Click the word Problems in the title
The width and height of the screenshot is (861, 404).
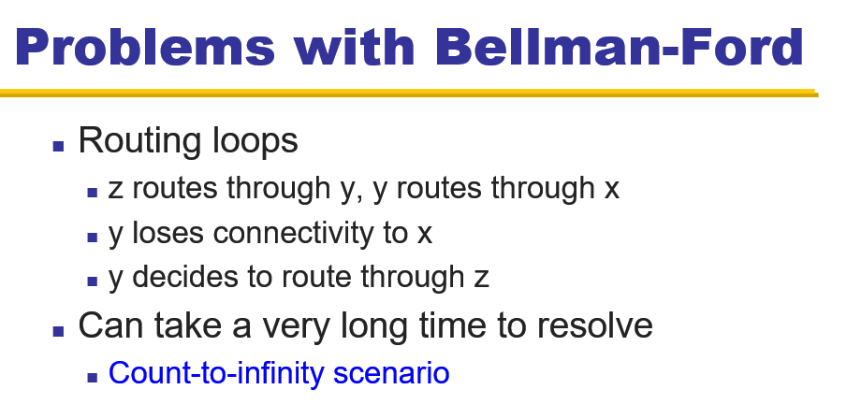[145, 47]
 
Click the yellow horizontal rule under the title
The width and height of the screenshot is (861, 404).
[409, 93]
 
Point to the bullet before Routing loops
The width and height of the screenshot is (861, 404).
[59, 146]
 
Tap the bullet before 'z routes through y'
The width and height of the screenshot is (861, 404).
[93, 192]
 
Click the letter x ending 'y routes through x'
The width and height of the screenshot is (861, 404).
[612, 190]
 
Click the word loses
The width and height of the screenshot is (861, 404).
[168, 233]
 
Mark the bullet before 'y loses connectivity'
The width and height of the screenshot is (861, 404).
[93, 238]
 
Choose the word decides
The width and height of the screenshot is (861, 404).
[185, 276]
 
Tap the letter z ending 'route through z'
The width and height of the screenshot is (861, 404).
[481, 279]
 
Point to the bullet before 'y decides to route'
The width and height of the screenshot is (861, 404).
[93, 281]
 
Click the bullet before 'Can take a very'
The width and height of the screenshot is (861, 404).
[59, 330]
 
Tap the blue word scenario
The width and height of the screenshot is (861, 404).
[391, 373]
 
